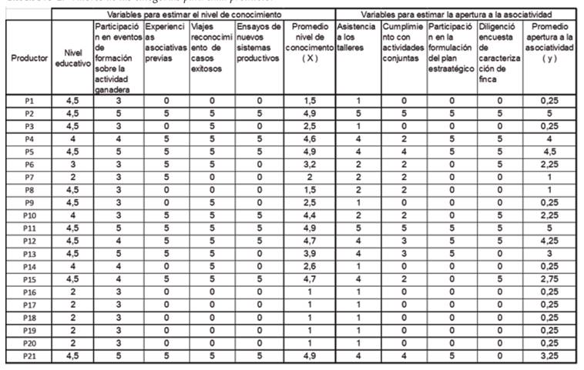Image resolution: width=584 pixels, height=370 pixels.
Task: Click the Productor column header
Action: (29, 58)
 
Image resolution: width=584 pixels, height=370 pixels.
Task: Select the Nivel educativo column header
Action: (72, 58)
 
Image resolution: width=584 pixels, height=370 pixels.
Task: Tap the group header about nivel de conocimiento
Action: (193, 15)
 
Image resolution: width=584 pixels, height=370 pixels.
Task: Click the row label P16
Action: (29, 292)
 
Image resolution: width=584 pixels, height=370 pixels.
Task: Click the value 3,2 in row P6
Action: (310, 165)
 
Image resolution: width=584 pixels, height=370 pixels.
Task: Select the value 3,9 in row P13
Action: (310, 254)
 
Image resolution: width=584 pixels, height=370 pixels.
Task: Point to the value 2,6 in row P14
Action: (310, 266)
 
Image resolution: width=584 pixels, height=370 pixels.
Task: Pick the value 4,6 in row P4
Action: (310, 139)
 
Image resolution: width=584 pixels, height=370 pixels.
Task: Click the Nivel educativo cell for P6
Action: (72, 165)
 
